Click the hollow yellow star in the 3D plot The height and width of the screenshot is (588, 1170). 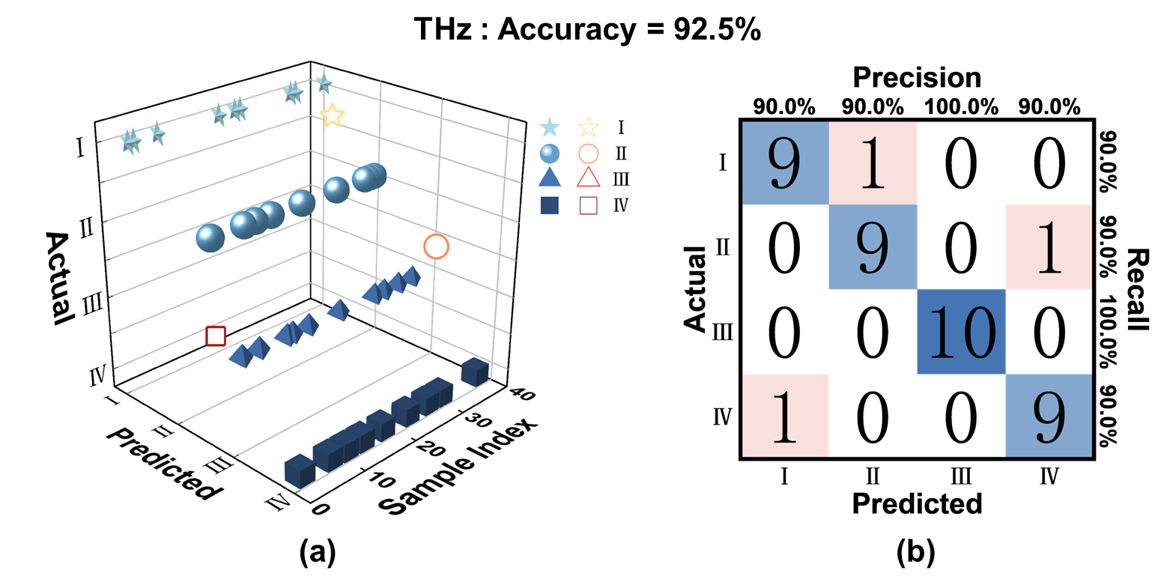coord(332,115)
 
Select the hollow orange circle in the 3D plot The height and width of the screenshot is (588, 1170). coord(436,246)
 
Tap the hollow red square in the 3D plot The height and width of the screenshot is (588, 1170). coord(216,336)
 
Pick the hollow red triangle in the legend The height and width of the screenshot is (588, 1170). coord(588,178)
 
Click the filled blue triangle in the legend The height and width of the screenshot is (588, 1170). coord(550,178)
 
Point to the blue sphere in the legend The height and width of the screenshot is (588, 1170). coord(550,153)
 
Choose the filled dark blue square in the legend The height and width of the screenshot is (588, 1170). coord(550,204)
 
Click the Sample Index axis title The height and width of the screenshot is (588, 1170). coord(458,467)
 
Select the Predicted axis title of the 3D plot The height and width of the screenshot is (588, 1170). coord(163,464)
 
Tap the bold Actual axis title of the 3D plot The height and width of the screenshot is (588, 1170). coord(59,278)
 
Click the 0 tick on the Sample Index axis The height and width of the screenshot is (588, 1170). coord(321,509)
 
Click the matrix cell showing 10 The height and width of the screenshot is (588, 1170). coord(961,330)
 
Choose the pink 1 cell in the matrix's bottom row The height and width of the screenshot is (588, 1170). coord(785,415)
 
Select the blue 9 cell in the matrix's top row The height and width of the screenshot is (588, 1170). coord(785,163)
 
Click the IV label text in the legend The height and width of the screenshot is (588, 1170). coord(621,204)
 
